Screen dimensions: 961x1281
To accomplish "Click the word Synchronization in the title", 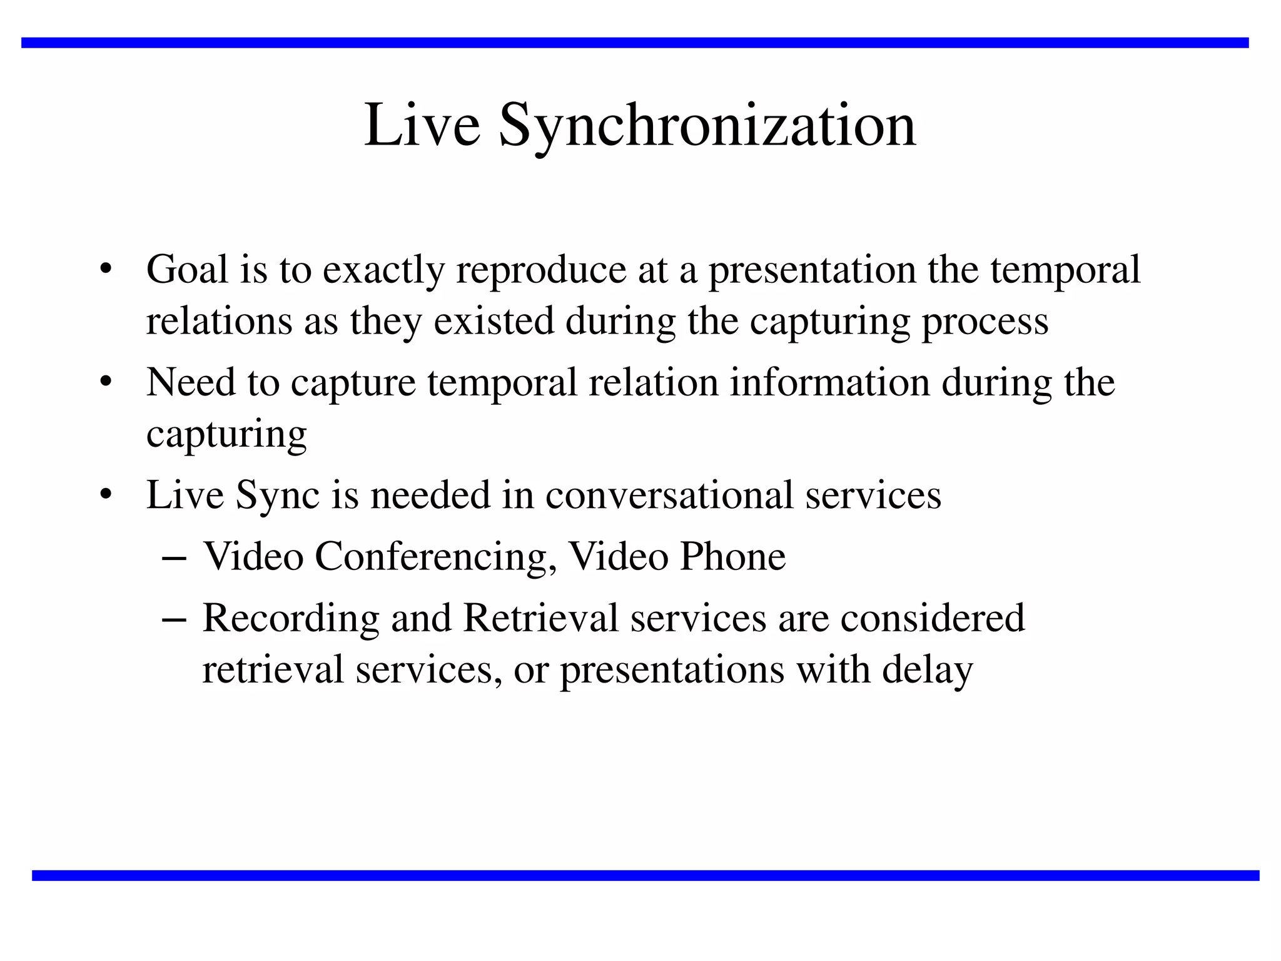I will pos(707,126).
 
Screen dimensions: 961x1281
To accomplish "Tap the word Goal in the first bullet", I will pos(187,270).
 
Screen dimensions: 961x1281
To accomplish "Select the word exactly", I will pos(383,271).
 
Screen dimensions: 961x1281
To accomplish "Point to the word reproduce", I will pos(541,271).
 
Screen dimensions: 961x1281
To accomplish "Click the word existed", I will pos(494,321).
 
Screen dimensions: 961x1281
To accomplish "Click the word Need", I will pos(191,382).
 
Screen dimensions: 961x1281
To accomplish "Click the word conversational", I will pos(669,495).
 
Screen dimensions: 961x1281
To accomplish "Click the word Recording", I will pos(291,619).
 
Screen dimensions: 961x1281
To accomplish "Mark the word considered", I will pos(932,618).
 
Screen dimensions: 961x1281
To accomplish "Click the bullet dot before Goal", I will pos(106,270).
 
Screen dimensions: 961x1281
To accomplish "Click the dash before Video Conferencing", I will pos(173,557).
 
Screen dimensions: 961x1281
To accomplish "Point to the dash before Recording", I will pos(173,619).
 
